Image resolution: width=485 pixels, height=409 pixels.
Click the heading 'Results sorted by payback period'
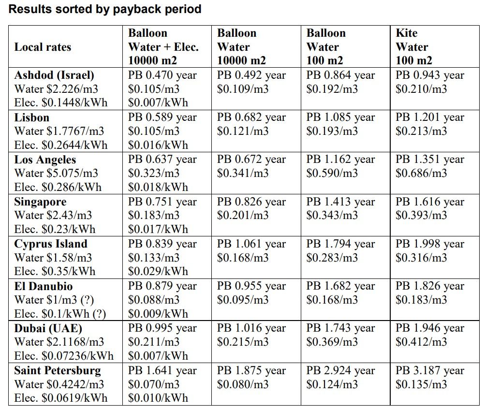pyautogui.click(x=105, y=9)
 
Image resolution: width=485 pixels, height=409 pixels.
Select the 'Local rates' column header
pyautogui.click(x=43, y=47)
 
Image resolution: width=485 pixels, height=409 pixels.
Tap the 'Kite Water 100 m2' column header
pyautogui.click(x=414, y=47)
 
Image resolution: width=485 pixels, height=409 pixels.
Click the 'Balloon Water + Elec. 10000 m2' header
pyautogui.click(x=163, y=47)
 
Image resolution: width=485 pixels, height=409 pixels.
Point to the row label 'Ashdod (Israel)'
pyautogui.click(x=54, y=75)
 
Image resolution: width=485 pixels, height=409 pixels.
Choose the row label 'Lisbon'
pyautogui.click(x=31, y=117)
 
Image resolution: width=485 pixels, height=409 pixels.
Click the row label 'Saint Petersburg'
pyautogui.click(x=58, y=371)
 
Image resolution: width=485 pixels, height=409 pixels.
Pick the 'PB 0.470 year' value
pyautogui.click(x=162, y=75)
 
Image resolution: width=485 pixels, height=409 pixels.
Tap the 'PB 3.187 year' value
pyautogui.click(x=430, y=371)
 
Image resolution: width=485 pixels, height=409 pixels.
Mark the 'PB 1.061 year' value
pyautogui.click(x=251, y=244)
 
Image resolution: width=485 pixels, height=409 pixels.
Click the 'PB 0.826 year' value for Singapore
pyautogui.click(x=251, y=202)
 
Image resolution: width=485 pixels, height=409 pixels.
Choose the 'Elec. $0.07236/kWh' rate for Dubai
pyautogui.click(x=64, y=356)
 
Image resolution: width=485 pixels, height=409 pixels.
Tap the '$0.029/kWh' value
pyautogui.click(x=158, y=271)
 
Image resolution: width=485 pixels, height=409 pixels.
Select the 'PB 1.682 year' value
pyautogui.click(x=341, y=286)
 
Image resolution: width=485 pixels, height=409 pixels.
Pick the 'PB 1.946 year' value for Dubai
pyautogui.click(x=430, y=328)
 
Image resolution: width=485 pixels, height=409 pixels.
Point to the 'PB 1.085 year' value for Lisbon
pyautogui.click(x=341, y=117)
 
